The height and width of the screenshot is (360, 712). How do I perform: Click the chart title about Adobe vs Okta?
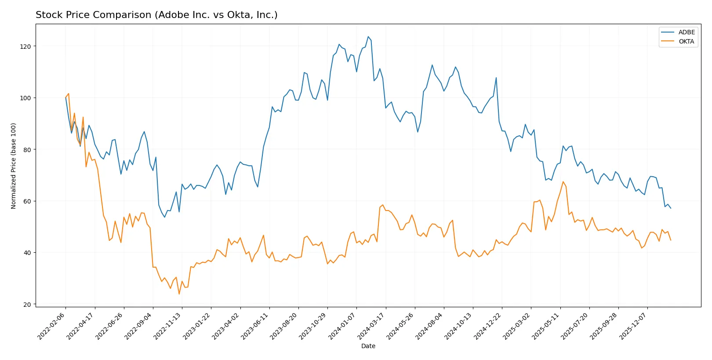pos(156,15)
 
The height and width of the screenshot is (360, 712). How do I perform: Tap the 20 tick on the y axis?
pos(27,304)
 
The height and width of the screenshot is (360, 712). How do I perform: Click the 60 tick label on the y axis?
pos(27,201)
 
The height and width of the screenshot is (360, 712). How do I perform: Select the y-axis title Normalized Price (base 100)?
pos(14,166)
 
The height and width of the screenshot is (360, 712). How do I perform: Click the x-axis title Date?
pos(368,346)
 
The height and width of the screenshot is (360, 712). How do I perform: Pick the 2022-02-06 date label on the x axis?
pos(51,326)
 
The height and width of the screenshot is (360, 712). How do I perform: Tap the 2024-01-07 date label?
pos(342,326)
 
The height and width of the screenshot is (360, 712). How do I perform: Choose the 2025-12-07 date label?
pos(633,326)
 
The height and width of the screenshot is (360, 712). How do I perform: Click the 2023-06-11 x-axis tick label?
pos(255,326)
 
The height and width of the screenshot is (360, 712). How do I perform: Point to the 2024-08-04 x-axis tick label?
pos(429,326)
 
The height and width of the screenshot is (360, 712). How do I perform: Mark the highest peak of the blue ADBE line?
pos(368,36)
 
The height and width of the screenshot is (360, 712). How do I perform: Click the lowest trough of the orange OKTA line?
pos(179,294)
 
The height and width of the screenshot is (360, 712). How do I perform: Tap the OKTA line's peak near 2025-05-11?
pos(563,182)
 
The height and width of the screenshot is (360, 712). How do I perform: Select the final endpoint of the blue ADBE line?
pos(671,208)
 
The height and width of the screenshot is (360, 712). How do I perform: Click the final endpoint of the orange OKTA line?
pos(671,240)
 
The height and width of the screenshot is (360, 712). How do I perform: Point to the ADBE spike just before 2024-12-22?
pos(496,78)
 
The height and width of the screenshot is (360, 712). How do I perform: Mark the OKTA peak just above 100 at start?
pos(69,93)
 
